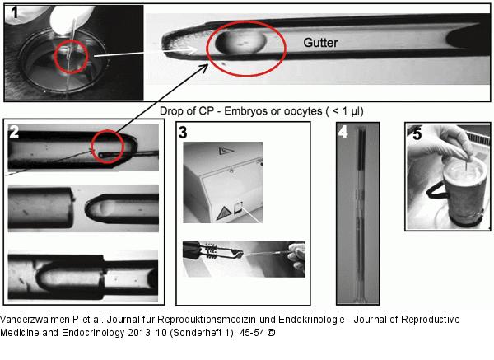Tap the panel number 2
click(x=15, y=131)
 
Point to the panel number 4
click(x=343, y=129)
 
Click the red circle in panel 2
click(x=109, y=147)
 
